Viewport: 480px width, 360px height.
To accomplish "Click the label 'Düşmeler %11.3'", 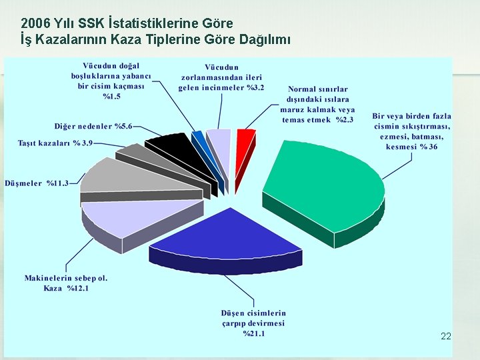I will click(x=37, y=183).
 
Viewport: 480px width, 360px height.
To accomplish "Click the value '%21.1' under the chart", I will click(x=253, y=333).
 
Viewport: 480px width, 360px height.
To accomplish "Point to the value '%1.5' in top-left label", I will click(x=112, y=97).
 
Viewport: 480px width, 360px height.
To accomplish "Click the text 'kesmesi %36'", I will click(x=411, y=147).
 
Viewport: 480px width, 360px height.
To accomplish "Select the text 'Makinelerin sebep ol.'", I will click(x=66, y=277).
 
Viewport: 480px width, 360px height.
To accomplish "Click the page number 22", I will click(x=446, y=337).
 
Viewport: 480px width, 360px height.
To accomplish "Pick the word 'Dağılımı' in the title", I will click(x=263, y=40).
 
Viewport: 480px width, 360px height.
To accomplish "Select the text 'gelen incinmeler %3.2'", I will click(x=221, y=87).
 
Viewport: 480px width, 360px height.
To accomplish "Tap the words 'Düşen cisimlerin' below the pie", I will click(x=253, y=313).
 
